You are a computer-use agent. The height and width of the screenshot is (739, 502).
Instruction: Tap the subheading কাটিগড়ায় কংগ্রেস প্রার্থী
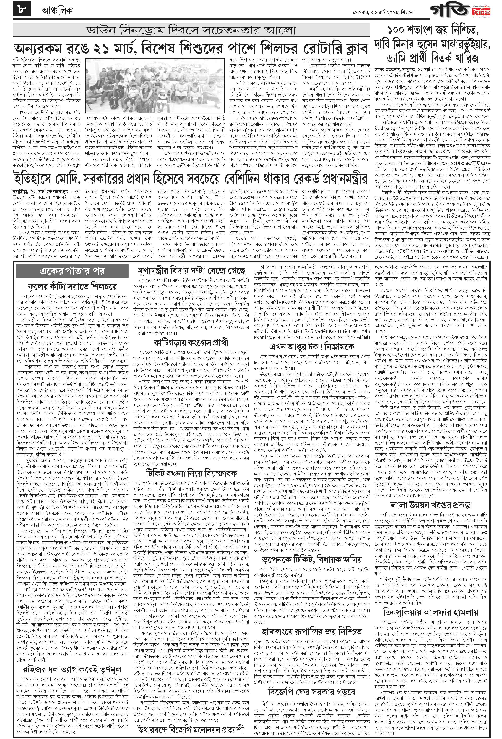[x=191, y=342]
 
